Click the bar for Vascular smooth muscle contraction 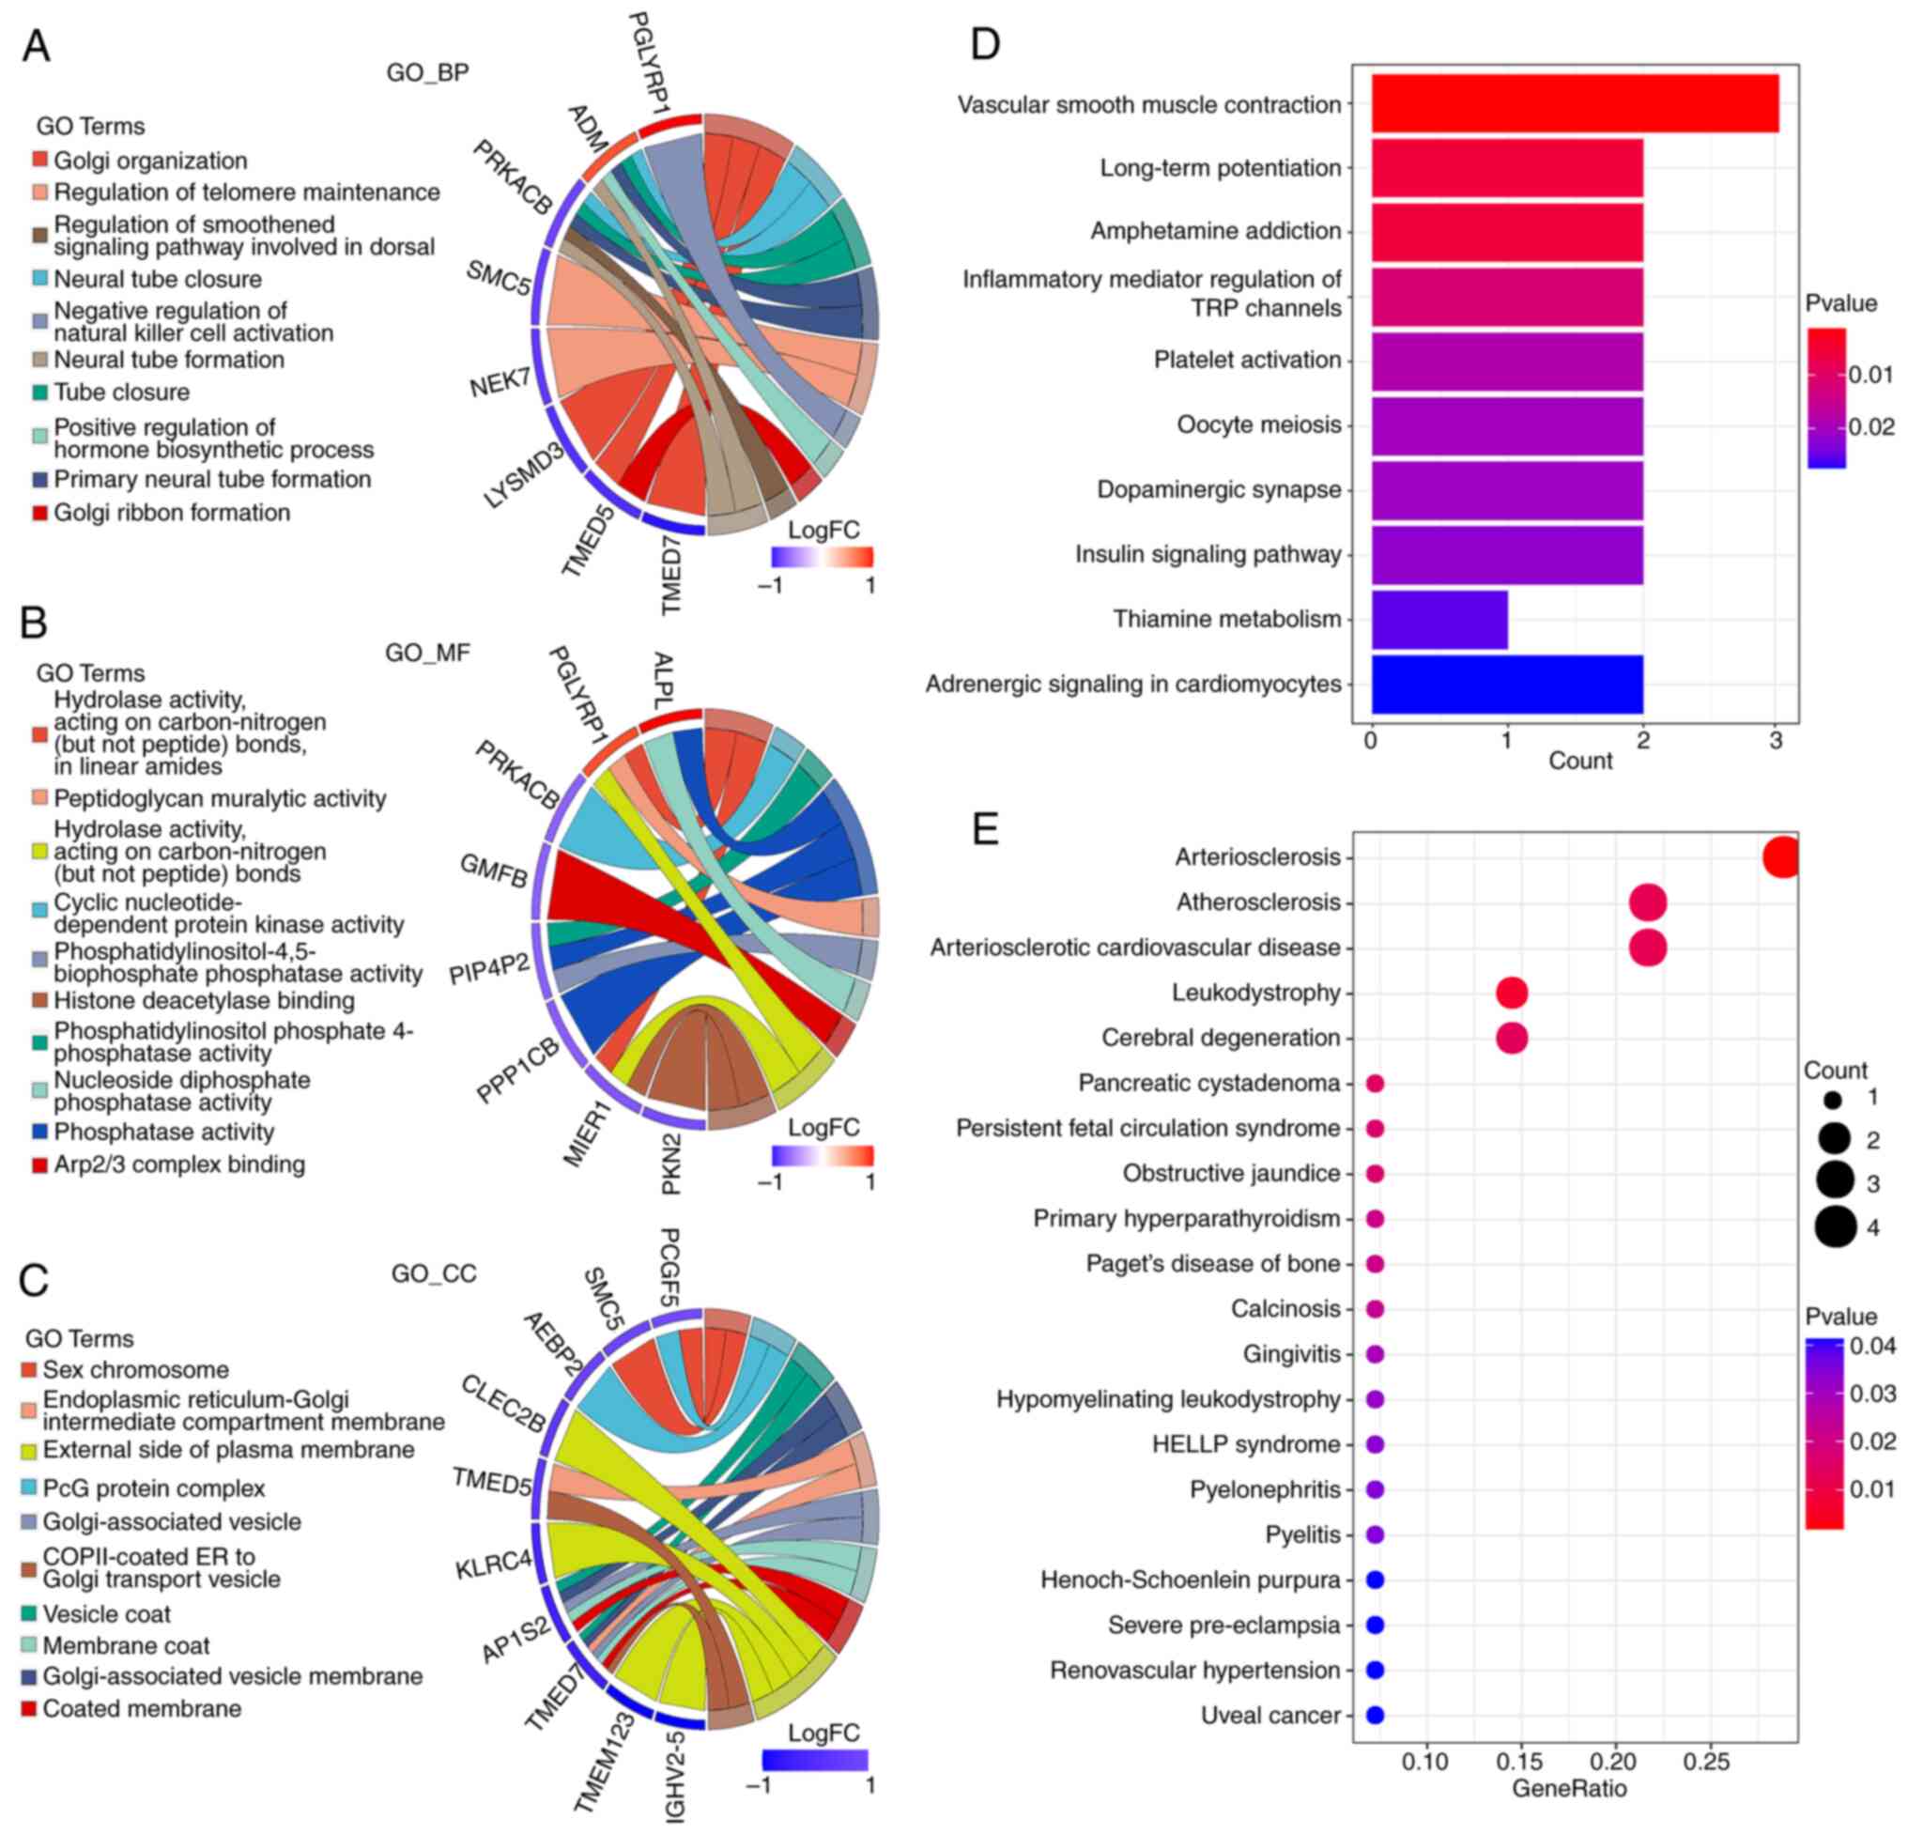tap(1574, 103)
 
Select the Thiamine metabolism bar tap(1439, 619)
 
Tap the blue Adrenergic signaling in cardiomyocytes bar tap(1506, 685)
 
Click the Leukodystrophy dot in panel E tap(1511, 993)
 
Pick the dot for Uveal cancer tap(1375, 1716)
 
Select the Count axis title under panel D tap(1579, 762)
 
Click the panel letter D tap(985, 45)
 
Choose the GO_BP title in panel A tap(427, 73)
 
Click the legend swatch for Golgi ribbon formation tap(40, 513)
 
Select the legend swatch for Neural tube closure tap(40, 280)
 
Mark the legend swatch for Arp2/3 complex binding tap(40, 1164)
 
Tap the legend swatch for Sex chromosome tap(29, 1370)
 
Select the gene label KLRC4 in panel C tap(494, 1564)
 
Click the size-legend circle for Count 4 tap(1835, 1227)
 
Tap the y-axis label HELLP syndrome tap(1245, 1444)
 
